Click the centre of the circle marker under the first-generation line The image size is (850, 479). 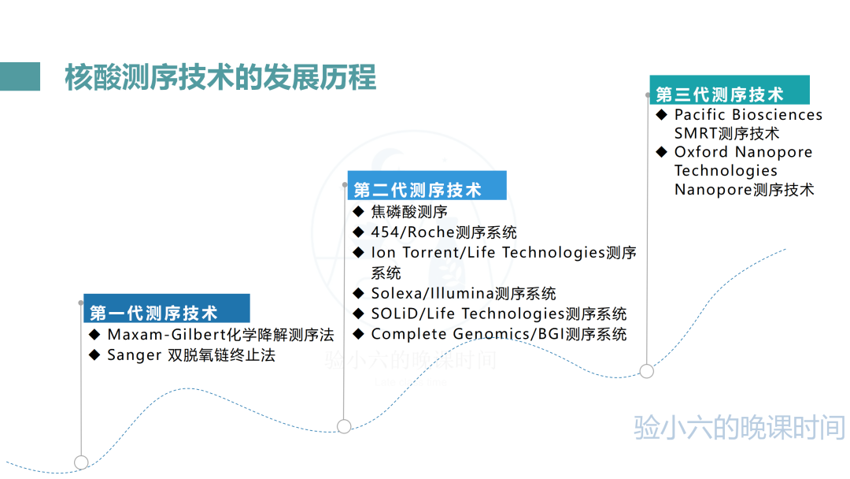pyautogui.click(x=81, y=462)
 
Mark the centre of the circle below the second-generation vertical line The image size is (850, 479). pyautogui.click(x=344, y=426)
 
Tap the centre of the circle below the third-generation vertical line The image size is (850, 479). pyautogui.click(x=646, y=371)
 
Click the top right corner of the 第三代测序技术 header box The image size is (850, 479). pyautogui.click(x=809, y=76)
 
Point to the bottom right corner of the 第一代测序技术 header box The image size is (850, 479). pyautogui.click(x=250, y=322)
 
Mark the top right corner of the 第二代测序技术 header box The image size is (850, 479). pyautogui.click(x=506, y=172)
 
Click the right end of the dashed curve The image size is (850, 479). pyautogui.click(x=785, y=250)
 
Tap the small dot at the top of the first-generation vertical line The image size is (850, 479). pyautogui.click(x=81, y=303)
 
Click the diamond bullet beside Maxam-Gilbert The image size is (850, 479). pyautogui.click(x=94, y=335)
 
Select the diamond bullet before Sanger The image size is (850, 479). pyautogui.click(x=94, y=355)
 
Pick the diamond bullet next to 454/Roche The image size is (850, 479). pyautogui.click(x=358, y=232)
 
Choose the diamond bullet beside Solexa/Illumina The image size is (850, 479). pyautogui.click(x=358, y=294)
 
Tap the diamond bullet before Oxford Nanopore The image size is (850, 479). pyautogui.click(x=661, y=152)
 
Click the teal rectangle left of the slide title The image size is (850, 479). pyautogui.click(x=20, y=76)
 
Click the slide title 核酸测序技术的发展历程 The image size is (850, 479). pyautogui.click(x=220, y=77)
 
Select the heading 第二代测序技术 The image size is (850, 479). pyautogui.click(x=417, y=190)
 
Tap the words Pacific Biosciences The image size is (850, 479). pyautogui.click(x=748, y=114)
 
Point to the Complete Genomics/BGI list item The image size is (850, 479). pyautogui.click(x=499, y=334)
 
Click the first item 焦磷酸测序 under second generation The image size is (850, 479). pyautogui.click(x=409, y=212)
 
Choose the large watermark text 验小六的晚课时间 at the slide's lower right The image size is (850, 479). pyautogui.click(x=739, y=428)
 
